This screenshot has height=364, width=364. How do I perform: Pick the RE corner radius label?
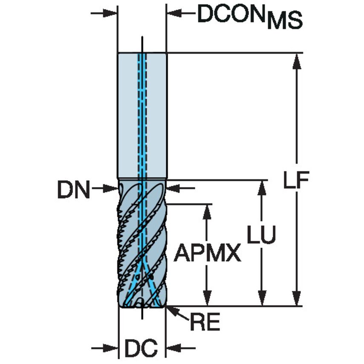coord(205,323)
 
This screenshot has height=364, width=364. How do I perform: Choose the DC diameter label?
coord(141,348)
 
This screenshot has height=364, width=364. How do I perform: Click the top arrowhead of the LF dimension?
coord(297,60)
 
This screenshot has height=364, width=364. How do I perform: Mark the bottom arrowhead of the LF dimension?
coord(297,300)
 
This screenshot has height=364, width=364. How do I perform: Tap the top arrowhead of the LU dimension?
coord(261,187)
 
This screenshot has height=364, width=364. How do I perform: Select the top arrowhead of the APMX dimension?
coord(207,210)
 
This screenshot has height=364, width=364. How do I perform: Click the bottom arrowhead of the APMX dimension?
coord(207,300)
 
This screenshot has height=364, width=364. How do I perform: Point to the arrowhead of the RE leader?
coord(170,309)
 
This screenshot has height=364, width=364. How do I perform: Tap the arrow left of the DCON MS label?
coord(173,14)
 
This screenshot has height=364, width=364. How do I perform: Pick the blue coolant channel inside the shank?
coord(142,115)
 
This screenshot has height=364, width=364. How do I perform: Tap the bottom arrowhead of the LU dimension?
coord(261,300)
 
